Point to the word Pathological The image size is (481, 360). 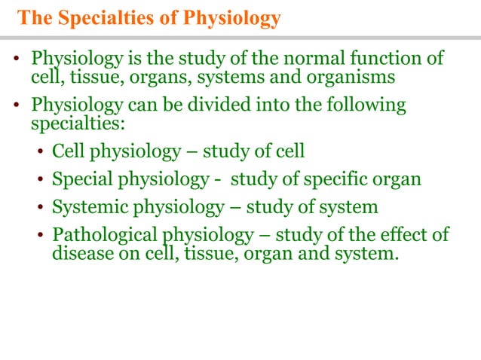pyautogui.click(x=100, y=235)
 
